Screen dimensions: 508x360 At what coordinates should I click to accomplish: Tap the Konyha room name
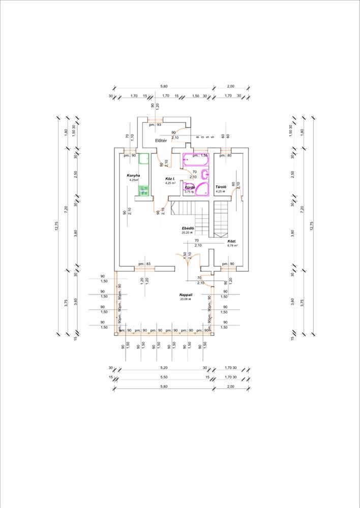133,175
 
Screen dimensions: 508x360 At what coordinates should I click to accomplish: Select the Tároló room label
221,187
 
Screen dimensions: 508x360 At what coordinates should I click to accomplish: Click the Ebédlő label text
188,228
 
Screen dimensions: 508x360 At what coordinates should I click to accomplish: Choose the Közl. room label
233,241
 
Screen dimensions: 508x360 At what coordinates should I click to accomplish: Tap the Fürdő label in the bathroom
190,187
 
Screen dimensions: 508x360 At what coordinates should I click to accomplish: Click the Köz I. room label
170,179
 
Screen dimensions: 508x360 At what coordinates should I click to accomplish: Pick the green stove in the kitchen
143,190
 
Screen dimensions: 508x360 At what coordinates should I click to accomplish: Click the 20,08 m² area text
185,299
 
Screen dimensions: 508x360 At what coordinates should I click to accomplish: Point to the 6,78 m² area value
232,245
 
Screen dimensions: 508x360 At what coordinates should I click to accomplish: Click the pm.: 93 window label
156,124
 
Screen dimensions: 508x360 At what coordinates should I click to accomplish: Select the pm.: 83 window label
144,264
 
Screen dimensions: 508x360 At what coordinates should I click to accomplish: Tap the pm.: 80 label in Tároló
226,155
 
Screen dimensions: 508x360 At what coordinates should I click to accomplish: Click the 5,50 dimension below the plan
163,377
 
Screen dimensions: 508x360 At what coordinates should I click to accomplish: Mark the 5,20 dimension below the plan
163,367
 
